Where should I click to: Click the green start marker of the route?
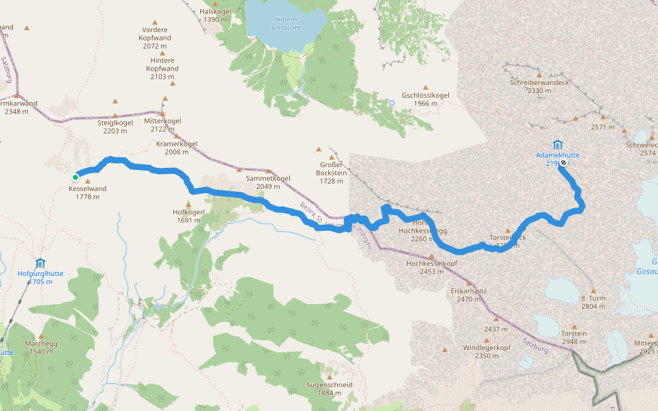point(75,177)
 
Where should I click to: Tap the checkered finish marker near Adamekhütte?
point(563,163)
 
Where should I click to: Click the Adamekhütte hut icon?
point(557,145)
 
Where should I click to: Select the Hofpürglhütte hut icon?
point(40,263)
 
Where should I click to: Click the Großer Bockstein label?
point(332,169)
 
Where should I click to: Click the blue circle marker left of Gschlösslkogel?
point(392,103)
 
